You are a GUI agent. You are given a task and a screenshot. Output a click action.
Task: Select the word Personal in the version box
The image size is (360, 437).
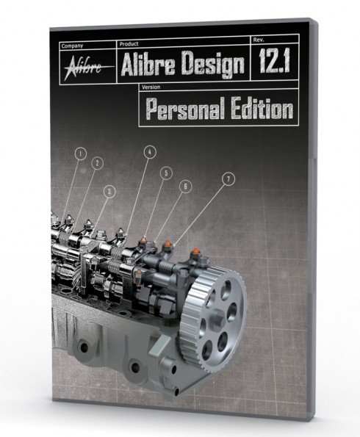click(185, 109)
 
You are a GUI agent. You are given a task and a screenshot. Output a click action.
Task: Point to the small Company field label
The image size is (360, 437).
click(72, 46)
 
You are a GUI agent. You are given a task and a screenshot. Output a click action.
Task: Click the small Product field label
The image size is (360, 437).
click(129, 44)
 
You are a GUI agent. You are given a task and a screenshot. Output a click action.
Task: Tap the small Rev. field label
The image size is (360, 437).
click(259, 40)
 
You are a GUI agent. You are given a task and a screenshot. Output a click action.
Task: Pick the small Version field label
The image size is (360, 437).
click(151, 87)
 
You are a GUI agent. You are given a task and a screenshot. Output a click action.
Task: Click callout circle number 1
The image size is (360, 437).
click(80, 154)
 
